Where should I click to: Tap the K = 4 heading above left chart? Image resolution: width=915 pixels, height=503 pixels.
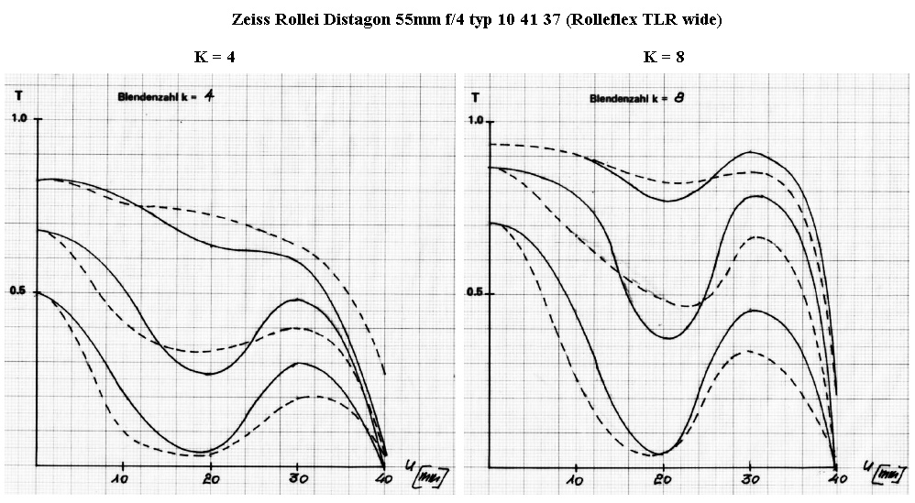[214, 57]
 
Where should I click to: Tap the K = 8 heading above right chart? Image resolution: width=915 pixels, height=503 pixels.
[665, 57]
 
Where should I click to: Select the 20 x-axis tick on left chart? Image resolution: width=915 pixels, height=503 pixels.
[211, 478]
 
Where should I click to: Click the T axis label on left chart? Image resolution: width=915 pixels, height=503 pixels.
[19, 93]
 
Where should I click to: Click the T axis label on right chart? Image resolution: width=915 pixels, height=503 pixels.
[475, 95]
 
